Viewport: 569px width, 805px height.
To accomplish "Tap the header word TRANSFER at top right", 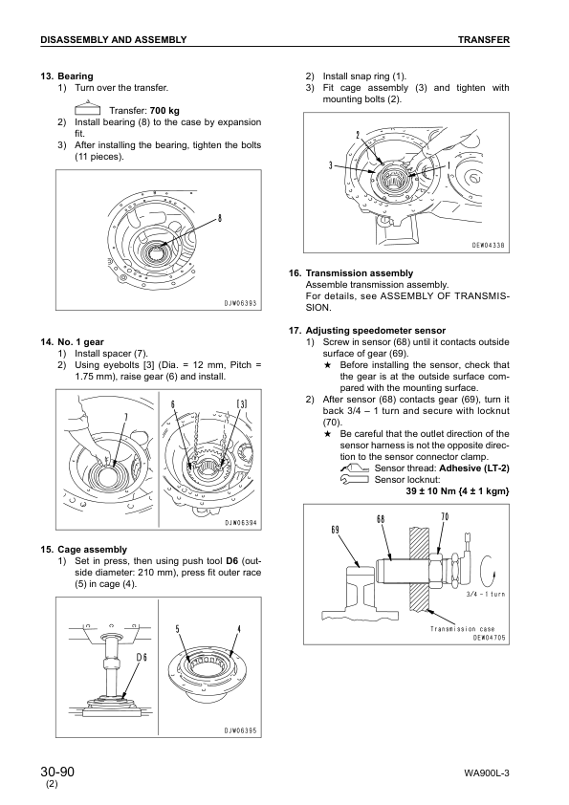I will [483, 39].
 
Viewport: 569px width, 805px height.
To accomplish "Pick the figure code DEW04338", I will [488, 246].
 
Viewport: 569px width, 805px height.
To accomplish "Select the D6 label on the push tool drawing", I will [142, 658].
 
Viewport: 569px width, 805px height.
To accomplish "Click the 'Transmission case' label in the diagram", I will [460, 628].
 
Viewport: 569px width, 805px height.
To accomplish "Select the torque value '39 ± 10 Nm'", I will [436, 490].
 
